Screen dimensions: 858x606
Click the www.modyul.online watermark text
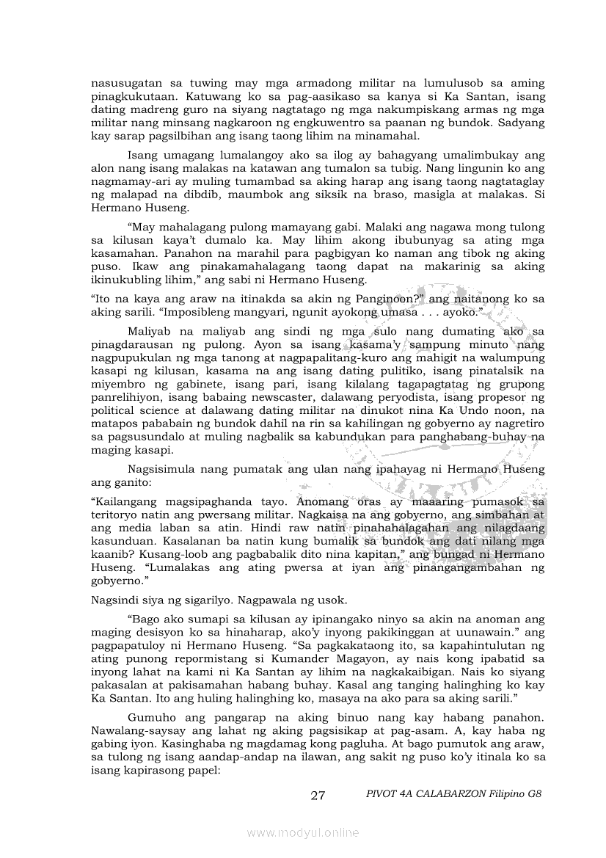(x=303, y=832)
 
